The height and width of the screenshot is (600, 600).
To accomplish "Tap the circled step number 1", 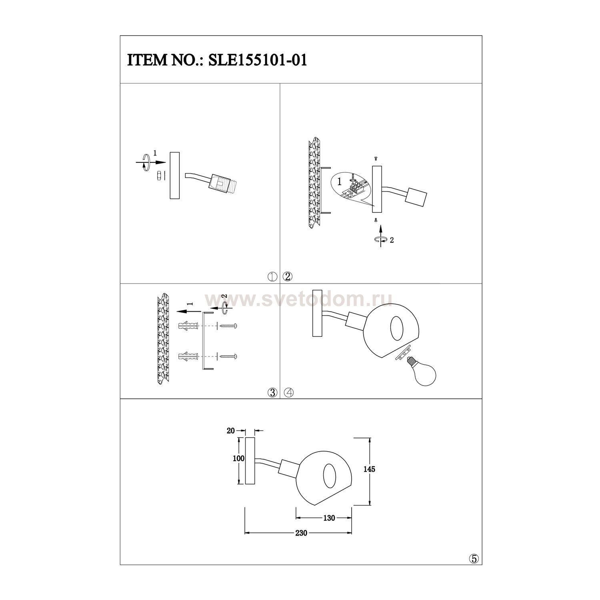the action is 273,276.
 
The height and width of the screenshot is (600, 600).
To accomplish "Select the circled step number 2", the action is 288,276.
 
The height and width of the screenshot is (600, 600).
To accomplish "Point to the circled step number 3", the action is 273,392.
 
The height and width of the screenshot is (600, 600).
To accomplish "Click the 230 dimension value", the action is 301,533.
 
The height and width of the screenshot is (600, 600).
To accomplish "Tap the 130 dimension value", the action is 328,518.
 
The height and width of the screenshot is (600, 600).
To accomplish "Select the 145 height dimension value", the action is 369,469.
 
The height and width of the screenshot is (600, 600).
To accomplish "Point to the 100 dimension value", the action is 238,458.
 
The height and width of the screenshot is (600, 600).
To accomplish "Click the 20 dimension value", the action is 230,431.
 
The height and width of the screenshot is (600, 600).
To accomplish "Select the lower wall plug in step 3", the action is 187,356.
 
